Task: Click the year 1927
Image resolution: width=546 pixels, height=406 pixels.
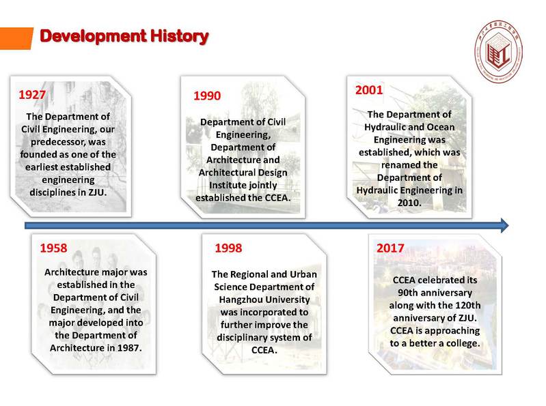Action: [32, 95]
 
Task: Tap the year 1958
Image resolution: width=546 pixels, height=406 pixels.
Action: [53, 248]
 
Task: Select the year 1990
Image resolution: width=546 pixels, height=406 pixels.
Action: [207, 96]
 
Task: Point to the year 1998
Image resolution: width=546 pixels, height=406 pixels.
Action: [228, 248]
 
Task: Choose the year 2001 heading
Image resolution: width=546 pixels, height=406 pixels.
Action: [369, 90]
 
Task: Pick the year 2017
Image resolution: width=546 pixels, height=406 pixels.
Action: [390, 248]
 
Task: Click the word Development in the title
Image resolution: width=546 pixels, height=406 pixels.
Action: [93, 36]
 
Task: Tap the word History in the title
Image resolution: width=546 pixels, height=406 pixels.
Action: [179, 36]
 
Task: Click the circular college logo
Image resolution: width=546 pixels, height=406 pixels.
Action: [498, 51]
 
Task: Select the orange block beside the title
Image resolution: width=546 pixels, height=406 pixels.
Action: [16, 38]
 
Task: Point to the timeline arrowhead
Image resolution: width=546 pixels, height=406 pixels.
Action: [504, 226]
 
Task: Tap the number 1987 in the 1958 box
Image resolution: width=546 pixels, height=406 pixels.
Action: [129, 348]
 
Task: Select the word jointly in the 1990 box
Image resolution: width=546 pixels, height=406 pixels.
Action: [260, 186]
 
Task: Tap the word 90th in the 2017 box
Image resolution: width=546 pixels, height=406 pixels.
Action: [407, 293]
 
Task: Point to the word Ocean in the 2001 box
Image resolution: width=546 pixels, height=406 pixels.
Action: [441, 127]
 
